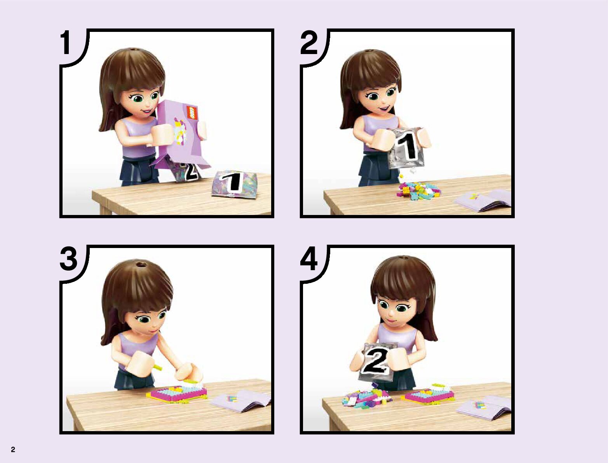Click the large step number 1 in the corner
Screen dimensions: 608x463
(66, 43)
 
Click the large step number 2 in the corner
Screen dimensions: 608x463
(308, 43)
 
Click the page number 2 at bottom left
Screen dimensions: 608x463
(13, 449)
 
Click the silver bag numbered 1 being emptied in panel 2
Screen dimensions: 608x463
(407, 147)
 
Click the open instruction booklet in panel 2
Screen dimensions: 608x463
(483, 200)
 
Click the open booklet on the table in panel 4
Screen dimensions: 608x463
(484, 408)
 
